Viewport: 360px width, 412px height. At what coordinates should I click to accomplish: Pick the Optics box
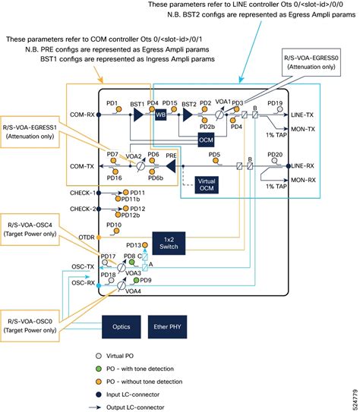[x=121, y=328]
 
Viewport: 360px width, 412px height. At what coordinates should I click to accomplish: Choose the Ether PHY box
[x=170, y=328]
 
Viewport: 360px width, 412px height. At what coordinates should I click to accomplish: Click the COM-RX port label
[x=82, y=116]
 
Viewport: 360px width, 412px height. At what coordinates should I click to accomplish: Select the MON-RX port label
[x=302, y=180]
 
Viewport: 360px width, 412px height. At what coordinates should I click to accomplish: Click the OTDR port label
[x=86, y=237]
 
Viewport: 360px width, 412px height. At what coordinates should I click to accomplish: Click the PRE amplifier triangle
[x=172, y=165]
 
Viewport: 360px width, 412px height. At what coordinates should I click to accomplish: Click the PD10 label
[x=114, y=225]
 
